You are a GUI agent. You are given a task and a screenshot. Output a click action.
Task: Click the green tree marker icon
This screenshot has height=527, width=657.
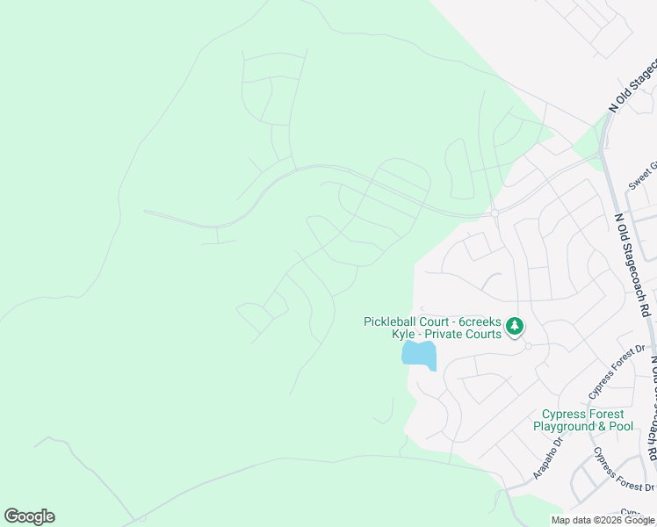click(x=514, y=327)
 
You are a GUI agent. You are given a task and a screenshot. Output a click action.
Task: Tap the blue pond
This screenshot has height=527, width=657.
click(x=419, y=355)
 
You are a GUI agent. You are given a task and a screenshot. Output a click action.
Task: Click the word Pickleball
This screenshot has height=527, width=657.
click(x=392, y=321)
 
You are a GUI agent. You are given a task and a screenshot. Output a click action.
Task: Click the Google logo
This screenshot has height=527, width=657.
click(x=29, y=516)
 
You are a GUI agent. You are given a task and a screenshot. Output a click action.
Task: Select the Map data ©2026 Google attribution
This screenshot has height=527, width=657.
click(x=602, y=520)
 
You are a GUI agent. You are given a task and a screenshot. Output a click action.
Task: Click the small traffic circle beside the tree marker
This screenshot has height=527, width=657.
click(x=528, y=346)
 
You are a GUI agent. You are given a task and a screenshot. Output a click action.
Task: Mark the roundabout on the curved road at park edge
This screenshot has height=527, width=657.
click(x=495, y=213)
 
